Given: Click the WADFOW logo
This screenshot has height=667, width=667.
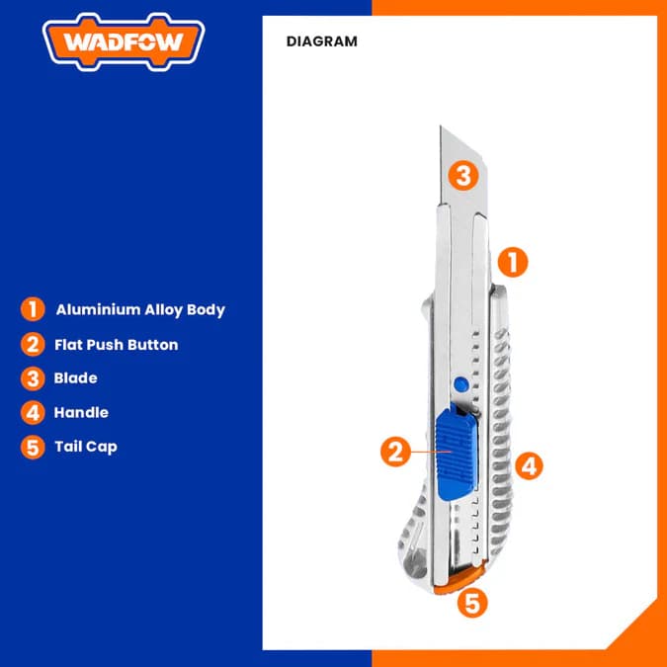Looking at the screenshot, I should tap(124, 42).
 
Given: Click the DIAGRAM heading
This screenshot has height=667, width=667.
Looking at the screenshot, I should tap(321, 42).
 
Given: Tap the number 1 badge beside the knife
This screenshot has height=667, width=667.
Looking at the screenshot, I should tap(512, 262).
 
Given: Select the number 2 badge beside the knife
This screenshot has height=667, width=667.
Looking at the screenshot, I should tap(395, 453).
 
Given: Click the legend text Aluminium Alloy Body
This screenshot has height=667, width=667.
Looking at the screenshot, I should tap(140, 309).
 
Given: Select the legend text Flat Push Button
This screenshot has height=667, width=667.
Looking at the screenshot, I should tap(117, 345).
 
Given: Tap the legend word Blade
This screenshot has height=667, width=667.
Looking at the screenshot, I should tap(76, 377).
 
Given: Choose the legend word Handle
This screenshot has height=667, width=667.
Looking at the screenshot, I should tap(81, 412).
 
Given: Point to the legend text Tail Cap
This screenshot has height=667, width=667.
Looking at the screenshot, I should tap(86, 447).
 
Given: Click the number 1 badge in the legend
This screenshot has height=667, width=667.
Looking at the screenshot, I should tap(33, 309).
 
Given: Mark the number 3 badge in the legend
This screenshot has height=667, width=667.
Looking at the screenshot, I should tap(33, 378).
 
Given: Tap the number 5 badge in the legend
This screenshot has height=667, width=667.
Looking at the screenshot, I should tap(33, 447).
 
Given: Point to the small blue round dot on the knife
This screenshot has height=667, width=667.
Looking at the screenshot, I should tap(457, 384).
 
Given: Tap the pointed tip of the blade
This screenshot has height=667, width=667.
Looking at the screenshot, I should tap(442, 128).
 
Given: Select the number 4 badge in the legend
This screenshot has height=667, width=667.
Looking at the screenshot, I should tap(33, 412).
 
